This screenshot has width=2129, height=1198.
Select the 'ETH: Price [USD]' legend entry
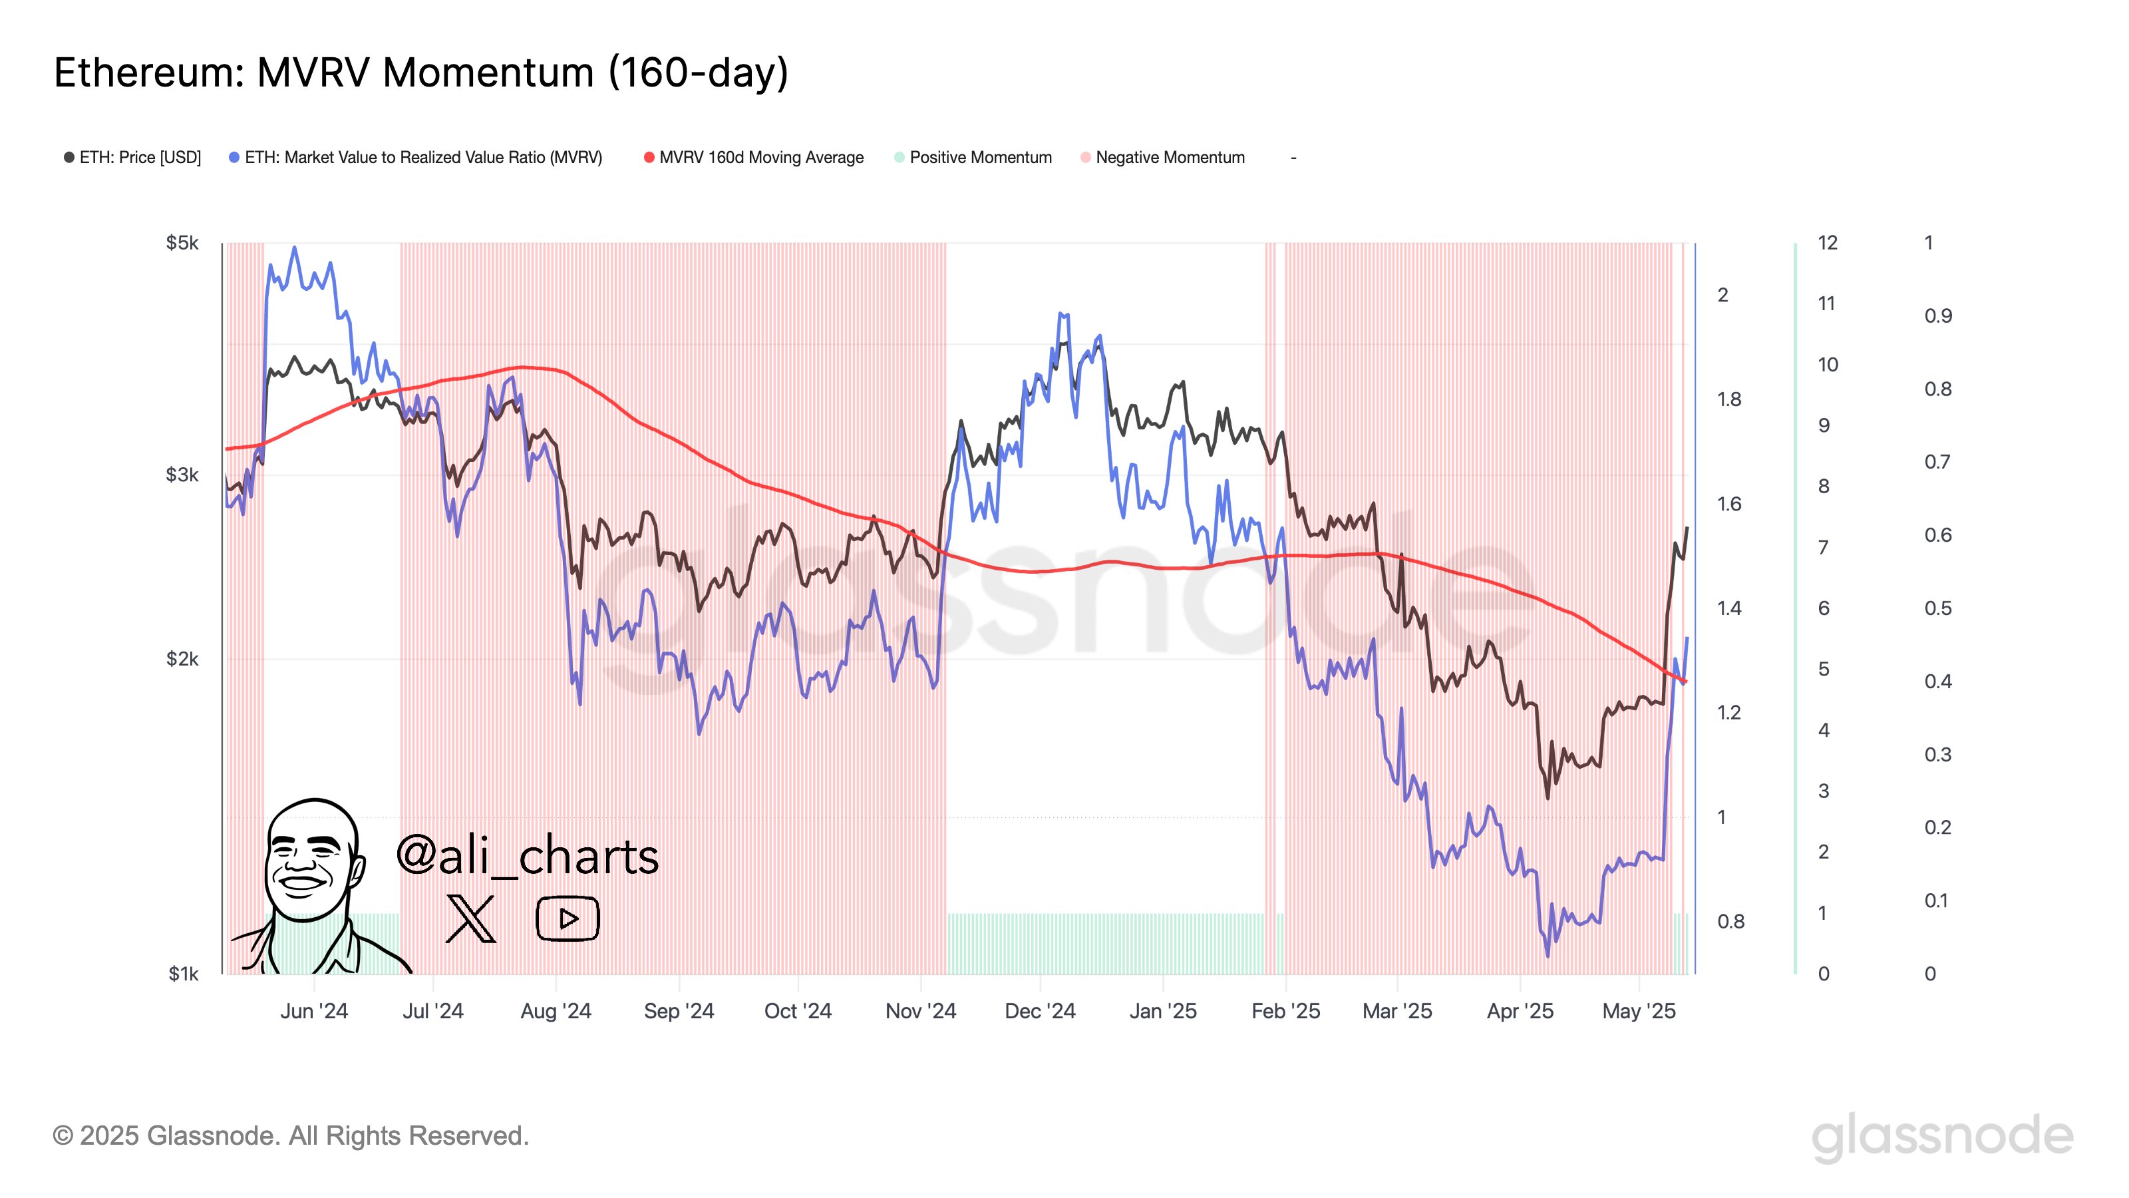(x=139, y=157)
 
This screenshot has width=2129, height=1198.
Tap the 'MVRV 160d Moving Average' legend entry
(x=760, y=157)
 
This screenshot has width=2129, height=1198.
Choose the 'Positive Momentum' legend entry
(x=979, y=157)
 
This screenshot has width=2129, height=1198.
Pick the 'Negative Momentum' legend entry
(x=1169, y=157)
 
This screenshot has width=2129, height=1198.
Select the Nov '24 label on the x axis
(x=920, y=1011)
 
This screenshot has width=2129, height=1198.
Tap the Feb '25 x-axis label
(x=1285, y=1011)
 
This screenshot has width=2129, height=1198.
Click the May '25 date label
(x=1638, y=1011)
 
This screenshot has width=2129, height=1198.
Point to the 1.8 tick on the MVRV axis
(x=1729, y=399)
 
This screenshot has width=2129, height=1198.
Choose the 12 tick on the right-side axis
(x=1828, y=243)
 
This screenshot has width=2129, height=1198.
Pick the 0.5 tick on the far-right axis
(x=1937, y=608)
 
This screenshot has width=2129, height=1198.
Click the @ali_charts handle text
(x=528, y=856)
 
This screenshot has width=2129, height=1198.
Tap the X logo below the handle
(x=470, y=918)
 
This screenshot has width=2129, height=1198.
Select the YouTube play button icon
(x=567, y=918)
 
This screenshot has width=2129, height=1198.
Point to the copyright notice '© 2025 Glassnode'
(x=290, y=1136)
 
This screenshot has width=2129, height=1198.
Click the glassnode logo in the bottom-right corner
(x=1942, y=1136)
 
